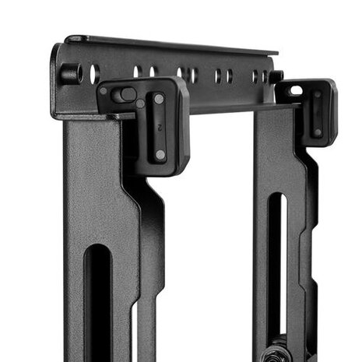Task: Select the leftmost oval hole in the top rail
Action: [x=94, y=74]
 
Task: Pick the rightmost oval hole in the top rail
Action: [x=265, y=76]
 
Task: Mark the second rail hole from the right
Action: [x=255, y=76]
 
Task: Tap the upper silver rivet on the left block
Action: [x=159, y=99]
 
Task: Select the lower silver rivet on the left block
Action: [x=160, y=154]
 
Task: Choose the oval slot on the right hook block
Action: [x=296, y=90]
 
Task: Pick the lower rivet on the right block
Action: [x=317, y=132]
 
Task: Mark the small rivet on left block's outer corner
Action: [x=104, y=91]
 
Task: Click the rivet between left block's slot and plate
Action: [x=141, y=103]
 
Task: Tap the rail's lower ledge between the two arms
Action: [x=226, y=108]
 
